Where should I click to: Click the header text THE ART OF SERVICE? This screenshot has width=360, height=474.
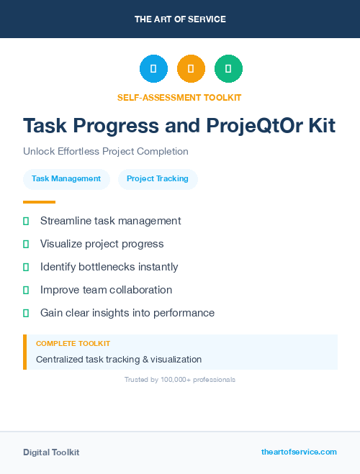[180, 19]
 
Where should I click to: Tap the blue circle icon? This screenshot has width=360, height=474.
[153, 69]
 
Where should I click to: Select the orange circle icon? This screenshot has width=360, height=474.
[191, 69]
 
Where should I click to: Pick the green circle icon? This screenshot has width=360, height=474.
[228, 69]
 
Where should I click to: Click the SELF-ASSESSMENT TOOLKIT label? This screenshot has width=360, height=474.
[179, 97]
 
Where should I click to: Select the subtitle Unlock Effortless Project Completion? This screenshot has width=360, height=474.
[106, 152]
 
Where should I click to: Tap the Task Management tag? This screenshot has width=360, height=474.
[66, 179]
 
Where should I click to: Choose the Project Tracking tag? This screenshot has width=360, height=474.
[158, 179]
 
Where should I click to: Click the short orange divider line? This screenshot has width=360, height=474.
[39, 202]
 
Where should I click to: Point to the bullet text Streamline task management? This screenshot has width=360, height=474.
[110, 221]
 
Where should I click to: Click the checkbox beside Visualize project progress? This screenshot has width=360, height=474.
[26, 244]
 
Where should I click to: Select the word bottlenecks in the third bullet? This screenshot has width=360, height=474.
[112, 267]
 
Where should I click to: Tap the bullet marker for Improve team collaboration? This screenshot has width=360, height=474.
[26, 290]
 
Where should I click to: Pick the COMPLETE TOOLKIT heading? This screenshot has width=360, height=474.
[73, 344]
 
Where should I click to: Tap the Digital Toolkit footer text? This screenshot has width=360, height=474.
[51, 452]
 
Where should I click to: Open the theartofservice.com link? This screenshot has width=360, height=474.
[299, 452]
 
